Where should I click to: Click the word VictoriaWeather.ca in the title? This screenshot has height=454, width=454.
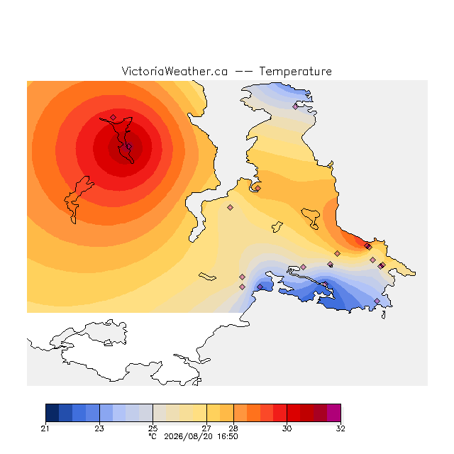[175, 71]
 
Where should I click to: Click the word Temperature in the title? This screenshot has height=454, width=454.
[295, 72]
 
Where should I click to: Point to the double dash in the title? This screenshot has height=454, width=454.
[243, 72]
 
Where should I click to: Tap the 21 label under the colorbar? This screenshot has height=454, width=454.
[45, 428]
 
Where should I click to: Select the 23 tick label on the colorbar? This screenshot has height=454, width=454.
[99, 428]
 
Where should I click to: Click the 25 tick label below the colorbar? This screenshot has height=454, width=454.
[153, 428]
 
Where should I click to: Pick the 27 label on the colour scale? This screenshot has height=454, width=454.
[206, 428]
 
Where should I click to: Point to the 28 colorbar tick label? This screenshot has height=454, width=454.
[233, 428]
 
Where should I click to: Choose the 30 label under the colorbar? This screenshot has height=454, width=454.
[287, 428]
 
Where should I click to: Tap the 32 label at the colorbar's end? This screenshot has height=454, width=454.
[340, 428]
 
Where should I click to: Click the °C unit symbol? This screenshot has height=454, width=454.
[153, 436]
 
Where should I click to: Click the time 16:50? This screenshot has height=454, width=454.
[228, 437]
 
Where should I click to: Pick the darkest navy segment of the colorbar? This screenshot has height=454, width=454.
[52, 413]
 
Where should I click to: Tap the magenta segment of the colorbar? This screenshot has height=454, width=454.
[334, 413]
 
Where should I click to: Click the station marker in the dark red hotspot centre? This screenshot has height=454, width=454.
[129, 147]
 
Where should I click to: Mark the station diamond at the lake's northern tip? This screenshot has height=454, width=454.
[113, 117]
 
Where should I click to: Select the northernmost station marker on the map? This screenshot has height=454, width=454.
[295, 106]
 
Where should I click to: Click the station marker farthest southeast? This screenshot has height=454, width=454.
[377, 301]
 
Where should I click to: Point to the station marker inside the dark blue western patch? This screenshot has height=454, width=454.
[260, 287]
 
